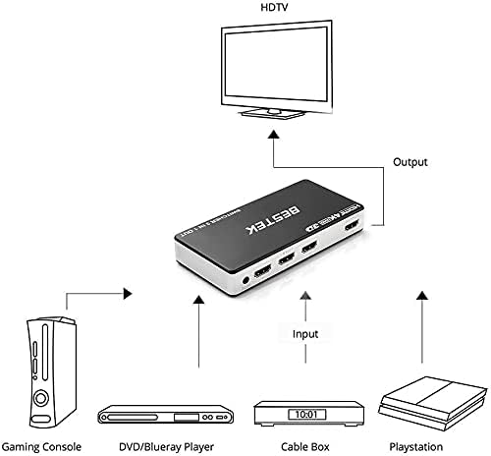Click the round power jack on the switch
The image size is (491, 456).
point(243,287)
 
